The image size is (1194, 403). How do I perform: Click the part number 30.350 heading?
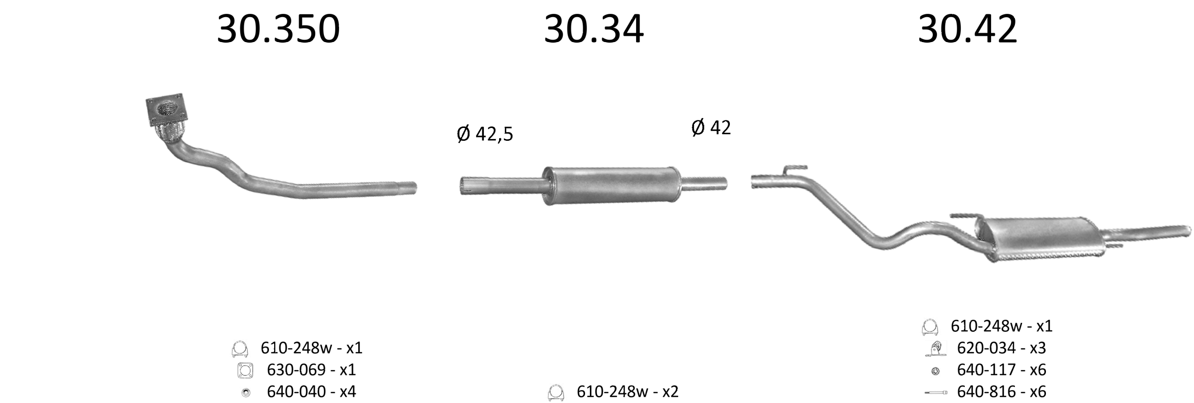278,29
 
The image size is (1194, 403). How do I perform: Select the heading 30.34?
594,29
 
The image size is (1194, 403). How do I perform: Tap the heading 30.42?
967,29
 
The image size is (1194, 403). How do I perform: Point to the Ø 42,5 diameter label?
485,134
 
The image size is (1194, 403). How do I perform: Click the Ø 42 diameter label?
711,127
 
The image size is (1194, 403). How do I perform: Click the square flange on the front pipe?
166,110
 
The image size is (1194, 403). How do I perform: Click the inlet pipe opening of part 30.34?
463,185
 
